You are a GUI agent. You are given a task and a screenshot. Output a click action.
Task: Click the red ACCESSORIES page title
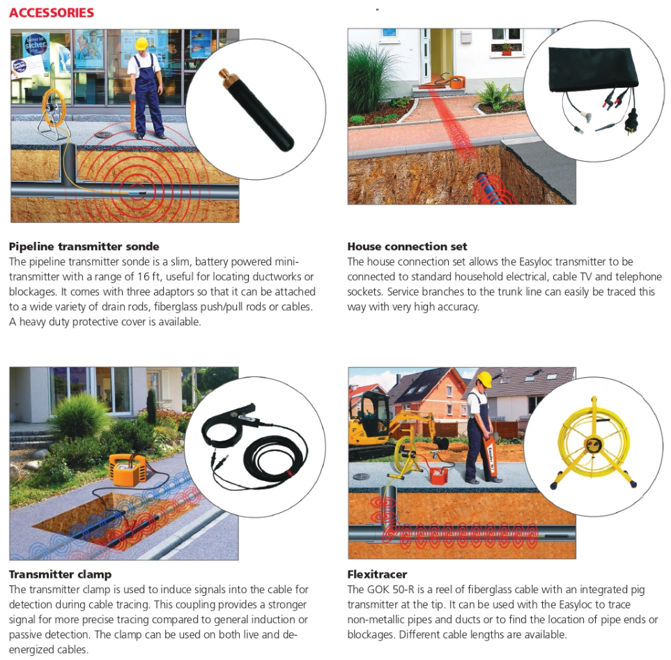pos(52,13)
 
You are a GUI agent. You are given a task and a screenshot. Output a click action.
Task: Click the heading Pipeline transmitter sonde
pos(84,247)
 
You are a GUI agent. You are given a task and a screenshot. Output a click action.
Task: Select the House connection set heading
pos(407,247)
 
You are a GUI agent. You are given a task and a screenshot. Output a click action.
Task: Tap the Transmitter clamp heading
pos(61,574)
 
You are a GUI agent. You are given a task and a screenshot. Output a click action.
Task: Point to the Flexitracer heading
pos(377,574)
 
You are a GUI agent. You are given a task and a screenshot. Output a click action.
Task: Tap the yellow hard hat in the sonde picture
pos(141,43)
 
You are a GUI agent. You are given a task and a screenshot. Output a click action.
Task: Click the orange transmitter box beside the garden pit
pos(127,468)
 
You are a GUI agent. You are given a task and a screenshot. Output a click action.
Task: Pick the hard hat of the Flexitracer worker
pos(484,379)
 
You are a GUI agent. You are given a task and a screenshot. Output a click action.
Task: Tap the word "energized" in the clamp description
pos(45,650)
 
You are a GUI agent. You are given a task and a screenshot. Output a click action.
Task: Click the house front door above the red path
pos(442,54)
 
